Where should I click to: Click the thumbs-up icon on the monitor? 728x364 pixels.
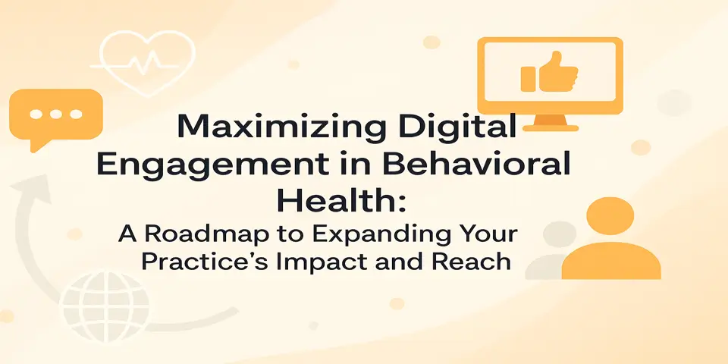pos(550,73)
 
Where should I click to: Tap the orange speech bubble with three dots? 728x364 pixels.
pos(55,116)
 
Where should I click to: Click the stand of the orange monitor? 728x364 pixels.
pos(552,123)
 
